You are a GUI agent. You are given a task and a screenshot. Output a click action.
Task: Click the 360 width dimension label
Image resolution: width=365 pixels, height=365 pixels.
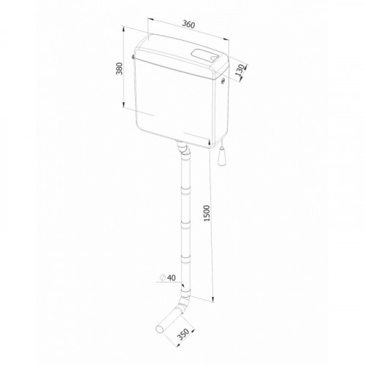pos(189,24)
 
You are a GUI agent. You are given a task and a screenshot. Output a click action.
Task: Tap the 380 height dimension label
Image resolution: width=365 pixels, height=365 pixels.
pos(119,69)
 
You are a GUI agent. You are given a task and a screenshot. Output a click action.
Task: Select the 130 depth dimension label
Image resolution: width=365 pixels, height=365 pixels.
pos(240,71)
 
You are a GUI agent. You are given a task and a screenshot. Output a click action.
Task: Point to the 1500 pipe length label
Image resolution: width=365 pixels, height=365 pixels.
pos(207,213)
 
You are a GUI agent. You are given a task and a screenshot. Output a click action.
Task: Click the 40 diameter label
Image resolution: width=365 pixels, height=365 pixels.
pos(172,277)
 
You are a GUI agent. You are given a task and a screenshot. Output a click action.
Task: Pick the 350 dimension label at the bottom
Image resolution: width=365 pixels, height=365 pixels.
pos(182,334)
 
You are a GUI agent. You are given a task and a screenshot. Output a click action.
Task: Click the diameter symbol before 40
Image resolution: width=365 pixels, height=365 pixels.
pos(163,277)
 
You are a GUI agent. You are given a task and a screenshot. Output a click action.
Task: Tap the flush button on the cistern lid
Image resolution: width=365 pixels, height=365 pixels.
pos(204,55)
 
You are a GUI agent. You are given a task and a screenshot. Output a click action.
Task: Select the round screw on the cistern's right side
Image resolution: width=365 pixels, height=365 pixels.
pos(223,82)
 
